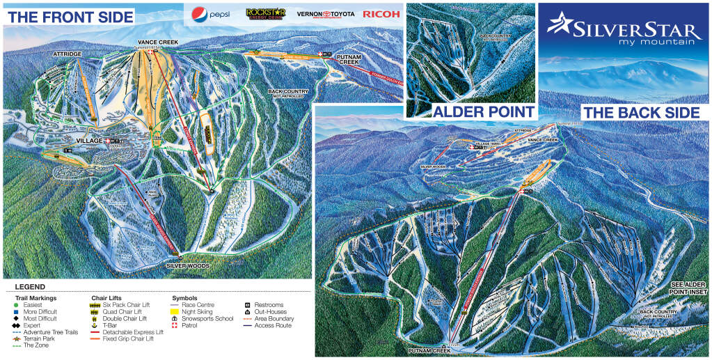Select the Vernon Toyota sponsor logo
[x=325, y=13]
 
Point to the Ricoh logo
[x=381, y=13]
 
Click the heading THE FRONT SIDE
[x=69, y=17]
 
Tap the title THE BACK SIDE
[x=640, y=113]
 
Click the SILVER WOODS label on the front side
[x=187, y=265]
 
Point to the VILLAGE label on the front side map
[x=89, y=141]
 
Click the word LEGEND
[x=30, y=287]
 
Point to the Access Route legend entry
[x=268, y=325]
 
